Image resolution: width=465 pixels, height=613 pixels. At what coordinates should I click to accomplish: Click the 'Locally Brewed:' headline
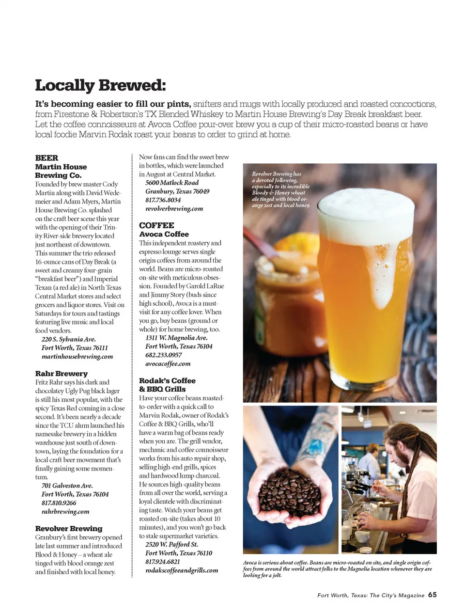100,85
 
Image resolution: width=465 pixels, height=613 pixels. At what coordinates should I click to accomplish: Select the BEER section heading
46,158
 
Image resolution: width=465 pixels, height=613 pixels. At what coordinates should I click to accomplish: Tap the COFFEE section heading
156,225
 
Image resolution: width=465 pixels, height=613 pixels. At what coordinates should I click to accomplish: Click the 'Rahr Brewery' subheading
62,374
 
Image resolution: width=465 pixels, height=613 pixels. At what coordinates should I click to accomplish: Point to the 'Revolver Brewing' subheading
69,528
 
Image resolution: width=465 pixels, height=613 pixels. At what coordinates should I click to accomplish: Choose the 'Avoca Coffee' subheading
164,234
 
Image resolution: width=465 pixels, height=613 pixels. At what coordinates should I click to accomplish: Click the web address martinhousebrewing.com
77,356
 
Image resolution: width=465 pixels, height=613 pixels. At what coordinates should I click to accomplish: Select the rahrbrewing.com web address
65,511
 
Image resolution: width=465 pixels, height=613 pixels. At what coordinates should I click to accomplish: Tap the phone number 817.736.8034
163,200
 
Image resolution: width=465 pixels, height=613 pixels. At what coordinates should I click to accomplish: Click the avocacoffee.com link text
168,363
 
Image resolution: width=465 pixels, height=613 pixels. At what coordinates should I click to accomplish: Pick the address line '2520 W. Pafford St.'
171,544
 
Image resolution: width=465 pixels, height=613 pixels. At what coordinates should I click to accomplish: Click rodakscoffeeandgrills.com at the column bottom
182,570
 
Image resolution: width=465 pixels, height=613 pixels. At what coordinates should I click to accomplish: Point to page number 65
432,595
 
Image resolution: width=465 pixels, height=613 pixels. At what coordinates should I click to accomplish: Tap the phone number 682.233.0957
164,355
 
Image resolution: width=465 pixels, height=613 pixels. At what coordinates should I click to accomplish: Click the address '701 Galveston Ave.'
67,486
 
